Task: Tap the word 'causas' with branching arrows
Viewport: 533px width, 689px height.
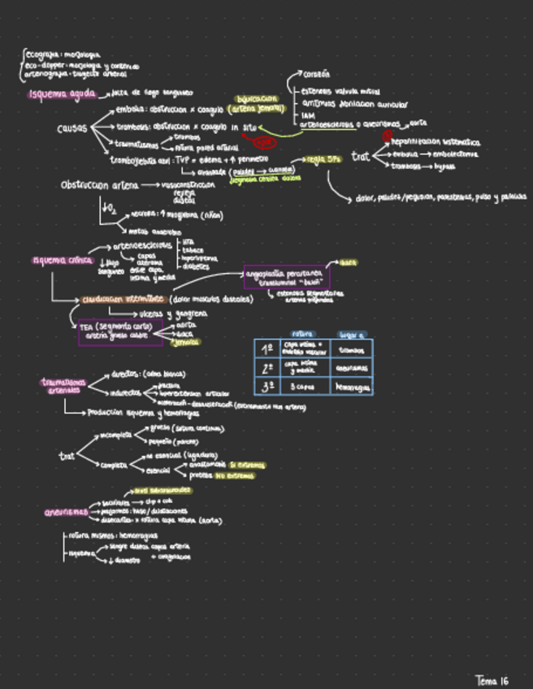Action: coord(72,128)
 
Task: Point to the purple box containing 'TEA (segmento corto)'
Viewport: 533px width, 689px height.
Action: coord(120,331)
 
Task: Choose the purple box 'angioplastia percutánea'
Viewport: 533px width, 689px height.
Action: coord(283,277)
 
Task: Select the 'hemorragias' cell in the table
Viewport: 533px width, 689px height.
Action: coord(353,388)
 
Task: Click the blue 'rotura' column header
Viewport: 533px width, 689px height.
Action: coord(302,334)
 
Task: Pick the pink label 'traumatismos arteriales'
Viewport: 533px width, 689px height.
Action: coord(63,385)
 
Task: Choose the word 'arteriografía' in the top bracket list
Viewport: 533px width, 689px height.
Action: coord(42,74)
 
